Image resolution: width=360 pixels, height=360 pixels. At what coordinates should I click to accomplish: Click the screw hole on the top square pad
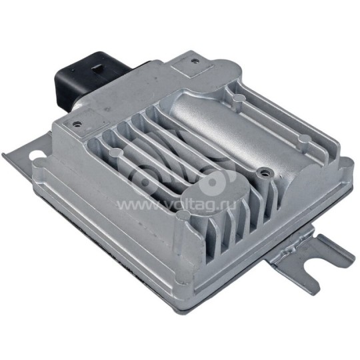tap(195, 61)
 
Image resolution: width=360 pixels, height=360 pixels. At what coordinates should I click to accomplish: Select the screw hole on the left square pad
tap(77, 124)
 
